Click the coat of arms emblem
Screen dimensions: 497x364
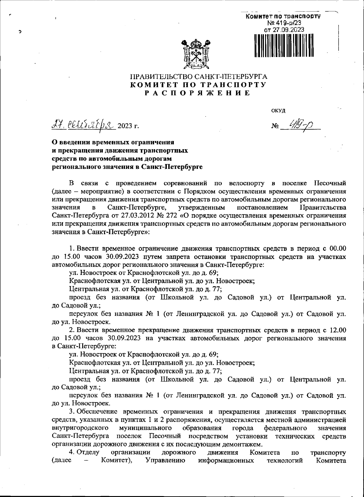(197, 53)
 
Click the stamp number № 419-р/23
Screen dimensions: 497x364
(284, 23)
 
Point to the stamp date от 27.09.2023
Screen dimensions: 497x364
(284, 29)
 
